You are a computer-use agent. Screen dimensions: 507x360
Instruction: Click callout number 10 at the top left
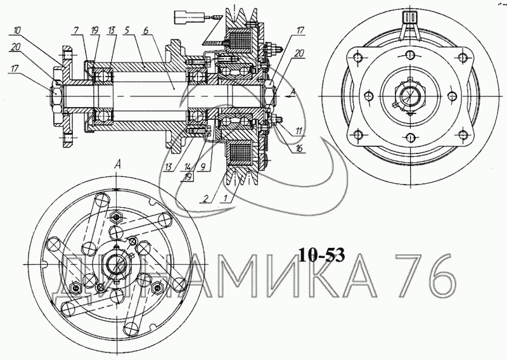point(16,30)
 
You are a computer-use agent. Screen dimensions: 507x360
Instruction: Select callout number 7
point(76,30)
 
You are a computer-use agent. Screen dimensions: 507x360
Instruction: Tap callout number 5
point(127,30)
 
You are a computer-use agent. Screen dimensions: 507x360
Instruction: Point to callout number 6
point(146,30)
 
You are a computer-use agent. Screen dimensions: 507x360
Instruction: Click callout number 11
point(298,131)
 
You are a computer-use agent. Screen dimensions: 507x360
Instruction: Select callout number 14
point(188,168)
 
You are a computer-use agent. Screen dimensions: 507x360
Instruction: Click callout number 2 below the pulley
point(205,199)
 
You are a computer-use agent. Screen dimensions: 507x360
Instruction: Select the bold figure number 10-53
point(322,255)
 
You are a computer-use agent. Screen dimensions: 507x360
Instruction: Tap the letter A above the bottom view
point(118,165)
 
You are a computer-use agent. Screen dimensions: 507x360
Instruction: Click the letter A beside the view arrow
point(292,93)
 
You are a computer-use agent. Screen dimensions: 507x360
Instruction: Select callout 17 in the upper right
point(300,30)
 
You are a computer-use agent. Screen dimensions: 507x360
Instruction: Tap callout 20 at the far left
point(16,48)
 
